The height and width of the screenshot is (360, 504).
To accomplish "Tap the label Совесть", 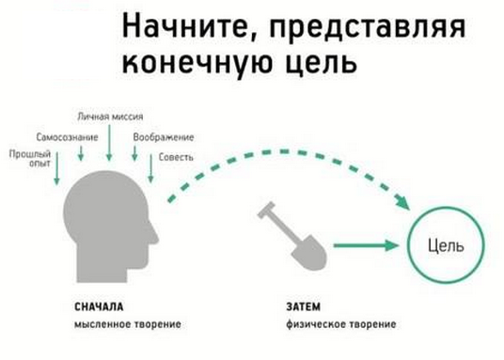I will pos(177,156).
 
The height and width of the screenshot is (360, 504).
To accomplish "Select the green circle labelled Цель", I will pos(442,245).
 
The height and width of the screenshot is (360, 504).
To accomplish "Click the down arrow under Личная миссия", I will pos(110,143).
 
